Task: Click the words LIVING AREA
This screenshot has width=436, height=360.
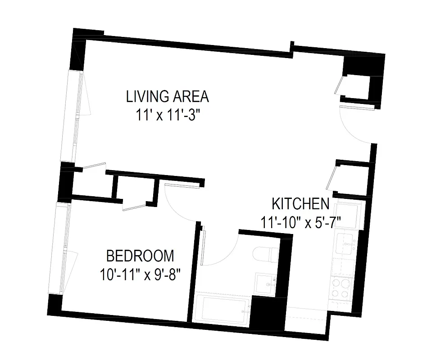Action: point(168,96)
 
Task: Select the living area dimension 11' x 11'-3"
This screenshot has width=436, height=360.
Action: point(168,115)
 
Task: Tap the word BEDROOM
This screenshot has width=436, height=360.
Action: point(140,256)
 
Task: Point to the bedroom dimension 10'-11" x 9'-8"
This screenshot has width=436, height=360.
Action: point(140,274)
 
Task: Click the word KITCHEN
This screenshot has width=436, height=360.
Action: point(300,204)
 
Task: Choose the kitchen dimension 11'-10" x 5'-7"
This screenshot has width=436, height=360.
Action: point(300,222)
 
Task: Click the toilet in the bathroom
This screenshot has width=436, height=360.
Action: point(266,254)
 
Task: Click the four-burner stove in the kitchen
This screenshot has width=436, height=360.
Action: point(341,288)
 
